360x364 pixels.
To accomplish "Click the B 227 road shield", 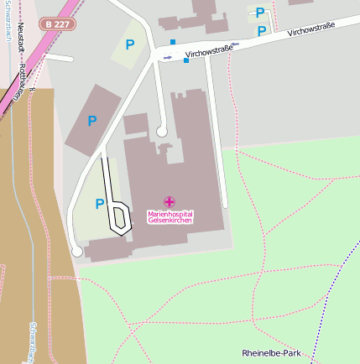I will (x=58, y=24).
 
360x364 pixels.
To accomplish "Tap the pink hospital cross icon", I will (x=170, y=201).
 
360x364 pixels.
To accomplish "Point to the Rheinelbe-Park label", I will (x=270, y=353).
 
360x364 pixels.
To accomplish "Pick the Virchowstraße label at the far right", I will (x=310, y=31).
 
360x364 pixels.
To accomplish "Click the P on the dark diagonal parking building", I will (x=92, y=121).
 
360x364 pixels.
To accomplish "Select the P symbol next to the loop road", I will (x=100, y=204).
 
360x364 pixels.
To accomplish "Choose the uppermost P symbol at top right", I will (x=260, y=13).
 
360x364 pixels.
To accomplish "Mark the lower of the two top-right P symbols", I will (x=262, y=31).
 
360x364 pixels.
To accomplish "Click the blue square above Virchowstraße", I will (x=174, y=41).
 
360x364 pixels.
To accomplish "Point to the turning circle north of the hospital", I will (x=161, y=131).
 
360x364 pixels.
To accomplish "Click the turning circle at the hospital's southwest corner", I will (x=76, y=251).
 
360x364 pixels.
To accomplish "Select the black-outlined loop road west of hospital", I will (x=119, y=216).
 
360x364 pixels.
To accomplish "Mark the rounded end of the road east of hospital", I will (x=225, y=204).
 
